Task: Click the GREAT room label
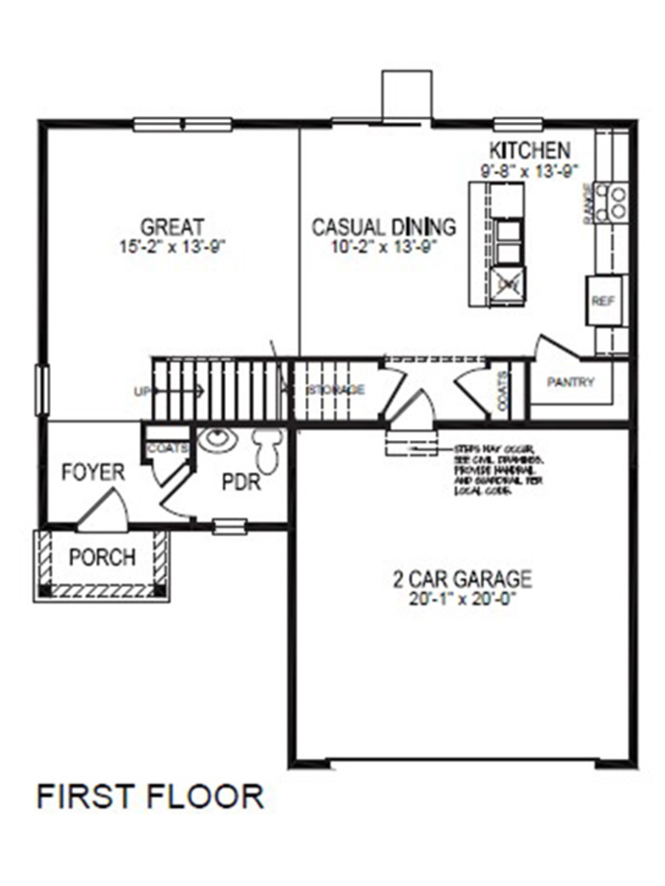pos(172,226)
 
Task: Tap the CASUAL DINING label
pos(383,226)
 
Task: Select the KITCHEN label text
pos(531,150)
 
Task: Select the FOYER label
pos(92,472)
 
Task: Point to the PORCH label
pos(102,557)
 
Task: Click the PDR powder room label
pos(241,483)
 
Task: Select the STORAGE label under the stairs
pos(336,389)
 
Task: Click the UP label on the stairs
pos(142,391)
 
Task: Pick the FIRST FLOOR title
pos(150,797)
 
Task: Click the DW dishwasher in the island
pos(507,282)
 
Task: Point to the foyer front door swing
pos(103,512)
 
